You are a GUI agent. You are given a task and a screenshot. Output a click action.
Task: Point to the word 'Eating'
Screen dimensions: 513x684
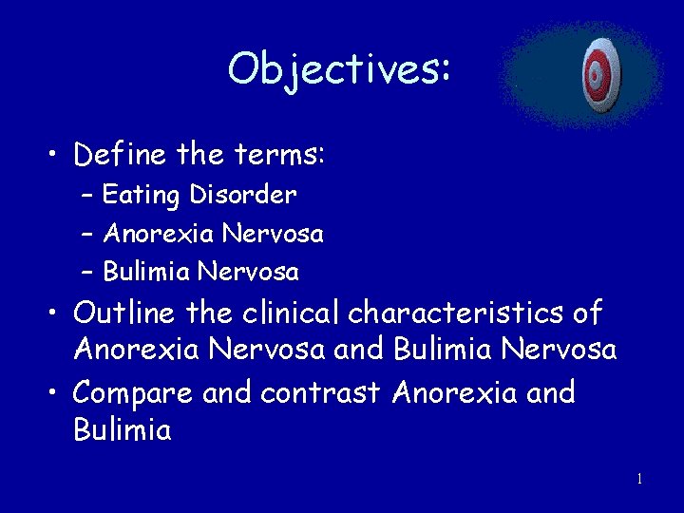tap(141, 196)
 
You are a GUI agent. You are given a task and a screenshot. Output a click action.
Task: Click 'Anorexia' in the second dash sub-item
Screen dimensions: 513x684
tap(158, 233)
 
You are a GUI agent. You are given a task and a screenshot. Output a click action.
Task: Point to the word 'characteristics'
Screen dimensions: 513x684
tap(458, 312)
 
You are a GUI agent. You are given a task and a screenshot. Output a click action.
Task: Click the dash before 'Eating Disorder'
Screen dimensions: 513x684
tap(86, 197)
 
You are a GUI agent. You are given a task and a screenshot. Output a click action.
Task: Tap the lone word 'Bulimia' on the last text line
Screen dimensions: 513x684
tap(122, 430)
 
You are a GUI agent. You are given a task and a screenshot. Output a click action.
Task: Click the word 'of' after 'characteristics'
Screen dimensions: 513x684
tap(588, 312)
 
